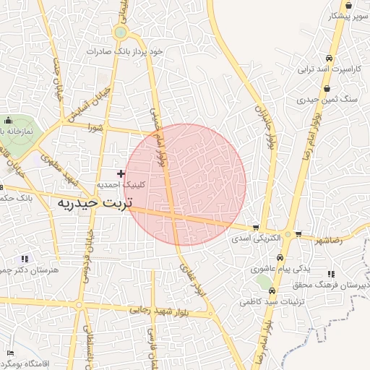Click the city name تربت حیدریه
[95, 204]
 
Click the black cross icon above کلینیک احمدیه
[121, 173]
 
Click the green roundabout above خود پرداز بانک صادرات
[120, 33]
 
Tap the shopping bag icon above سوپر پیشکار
[349, 5]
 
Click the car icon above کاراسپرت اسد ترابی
[329, 59]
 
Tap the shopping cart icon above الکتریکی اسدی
[256, 227]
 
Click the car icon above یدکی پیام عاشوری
[280, 258]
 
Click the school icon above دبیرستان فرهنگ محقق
[331, 274]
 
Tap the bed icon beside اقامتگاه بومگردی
[10, 353]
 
